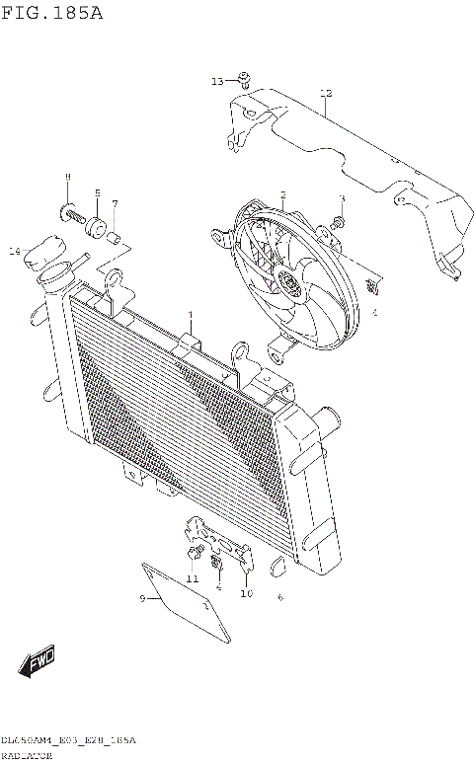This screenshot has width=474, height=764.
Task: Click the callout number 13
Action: (x=217, y=81)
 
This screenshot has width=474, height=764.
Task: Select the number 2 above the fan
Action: (x=282, y=194)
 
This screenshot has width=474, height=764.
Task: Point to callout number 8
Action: (x=67, y=177)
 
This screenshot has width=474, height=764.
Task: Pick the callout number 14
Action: (x=14, y=252)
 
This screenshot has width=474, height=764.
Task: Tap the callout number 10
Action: (x=246, y=593)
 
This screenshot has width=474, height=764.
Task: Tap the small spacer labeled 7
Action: (x=115, y=236)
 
